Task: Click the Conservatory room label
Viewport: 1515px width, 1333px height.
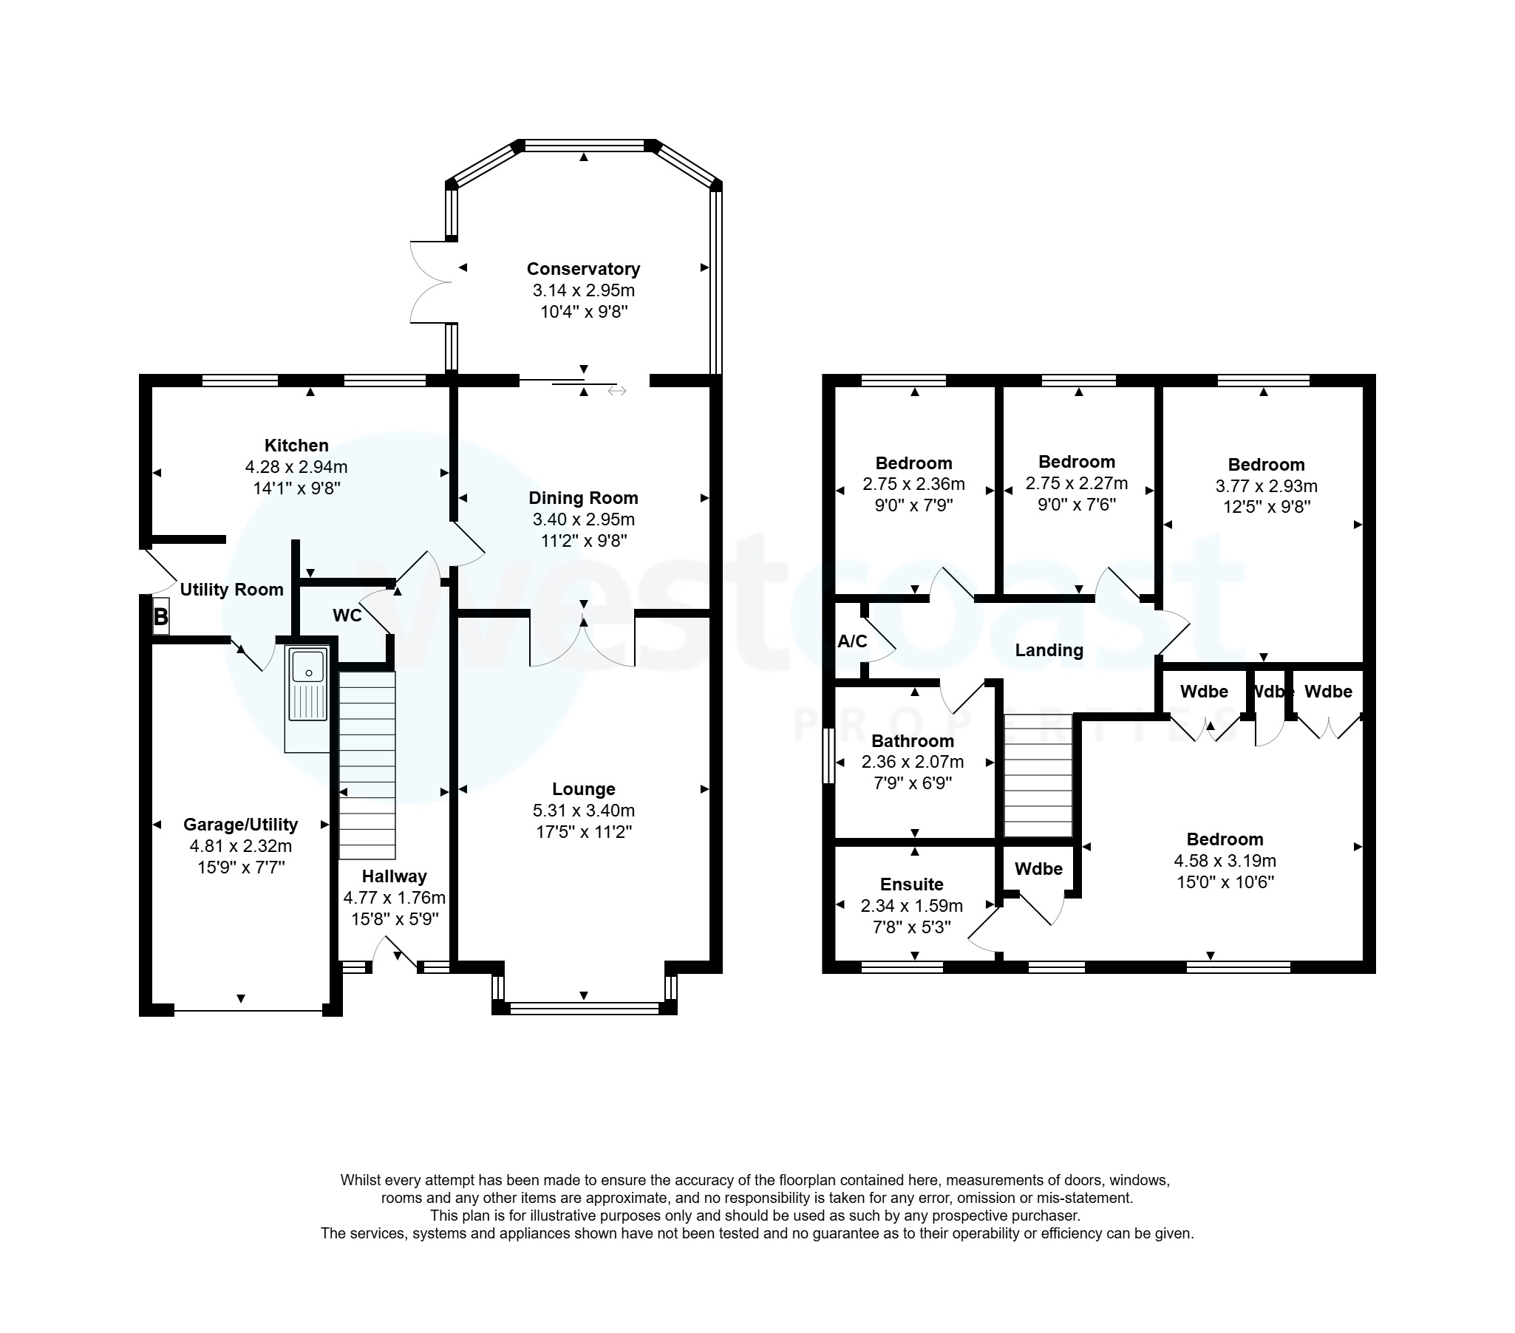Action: click(x=583, y=269)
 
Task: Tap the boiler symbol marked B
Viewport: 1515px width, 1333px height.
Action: click(x=161, y=616)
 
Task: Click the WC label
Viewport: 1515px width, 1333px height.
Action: click(x=347, y=616)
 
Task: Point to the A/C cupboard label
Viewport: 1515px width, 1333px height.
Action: click(x=851, y=641)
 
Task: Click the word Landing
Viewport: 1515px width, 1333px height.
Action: click(x=1049, y=650)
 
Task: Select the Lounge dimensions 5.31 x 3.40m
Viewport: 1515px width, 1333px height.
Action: click(x=583, y=811)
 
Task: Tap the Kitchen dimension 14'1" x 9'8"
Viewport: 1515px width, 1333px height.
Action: click(x=296, y=488)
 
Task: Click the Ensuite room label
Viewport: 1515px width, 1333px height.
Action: click(x=912, y=884)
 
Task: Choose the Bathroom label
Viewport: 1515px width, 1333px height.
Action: click(x=913, y=741)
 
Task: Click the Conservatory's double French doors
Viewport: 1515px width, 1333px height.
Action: click(x=430, y=282)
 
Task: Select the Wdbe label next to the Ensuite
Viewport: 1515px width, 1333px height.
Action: click(x=1038, y=869)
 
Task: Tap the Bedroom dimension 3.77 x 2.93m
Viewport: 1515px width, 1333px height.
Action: click(x=1266, y=486)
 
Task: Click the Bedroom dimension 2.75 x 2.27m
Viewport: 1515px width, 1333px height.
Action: click(x=1076, y=484)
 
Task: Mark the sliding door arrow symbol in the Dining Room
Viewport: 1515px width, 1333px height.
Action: click(x=616, y=390)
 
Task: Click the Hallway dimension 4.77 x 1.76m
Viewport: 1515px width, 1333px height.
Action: click(x=395, y=898)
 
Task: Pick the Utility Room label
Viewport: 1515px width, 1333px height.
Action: click(x=232, y=590)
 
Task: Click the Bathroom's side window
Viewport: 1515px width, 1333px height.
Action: click(x=828, y=755)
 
